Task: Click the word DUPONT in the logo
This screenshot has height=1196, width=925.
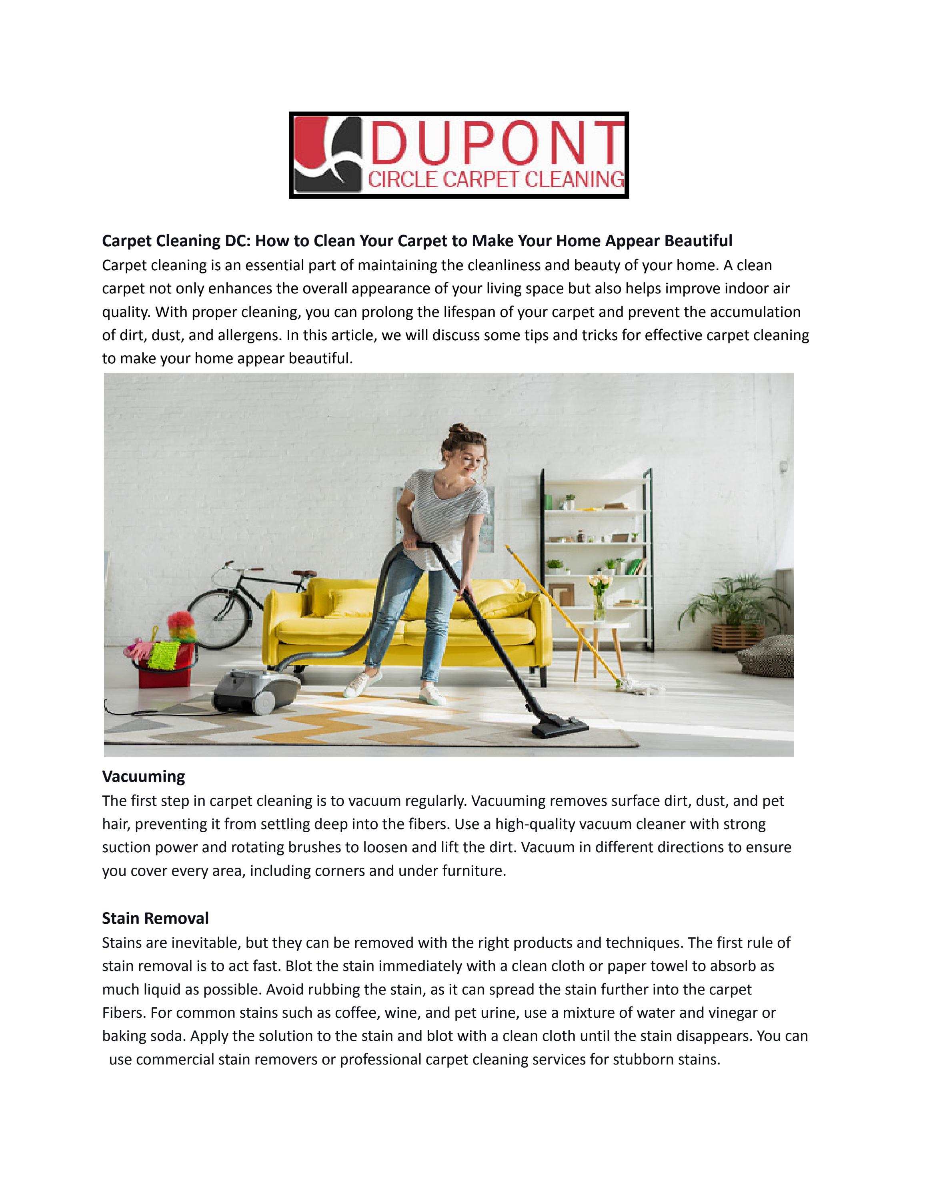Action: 496,143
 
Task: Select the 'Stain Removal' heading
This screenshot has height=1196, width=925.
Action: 155,918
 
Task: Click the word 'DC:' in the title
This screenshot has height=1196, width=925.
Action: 237,241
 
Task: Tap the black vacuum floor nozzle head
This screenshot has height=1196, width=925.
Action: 559,729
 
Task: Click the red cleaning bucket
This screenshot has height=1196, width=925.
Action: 165,669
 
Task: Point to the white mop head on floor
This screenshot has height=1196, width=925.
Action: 636,684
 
